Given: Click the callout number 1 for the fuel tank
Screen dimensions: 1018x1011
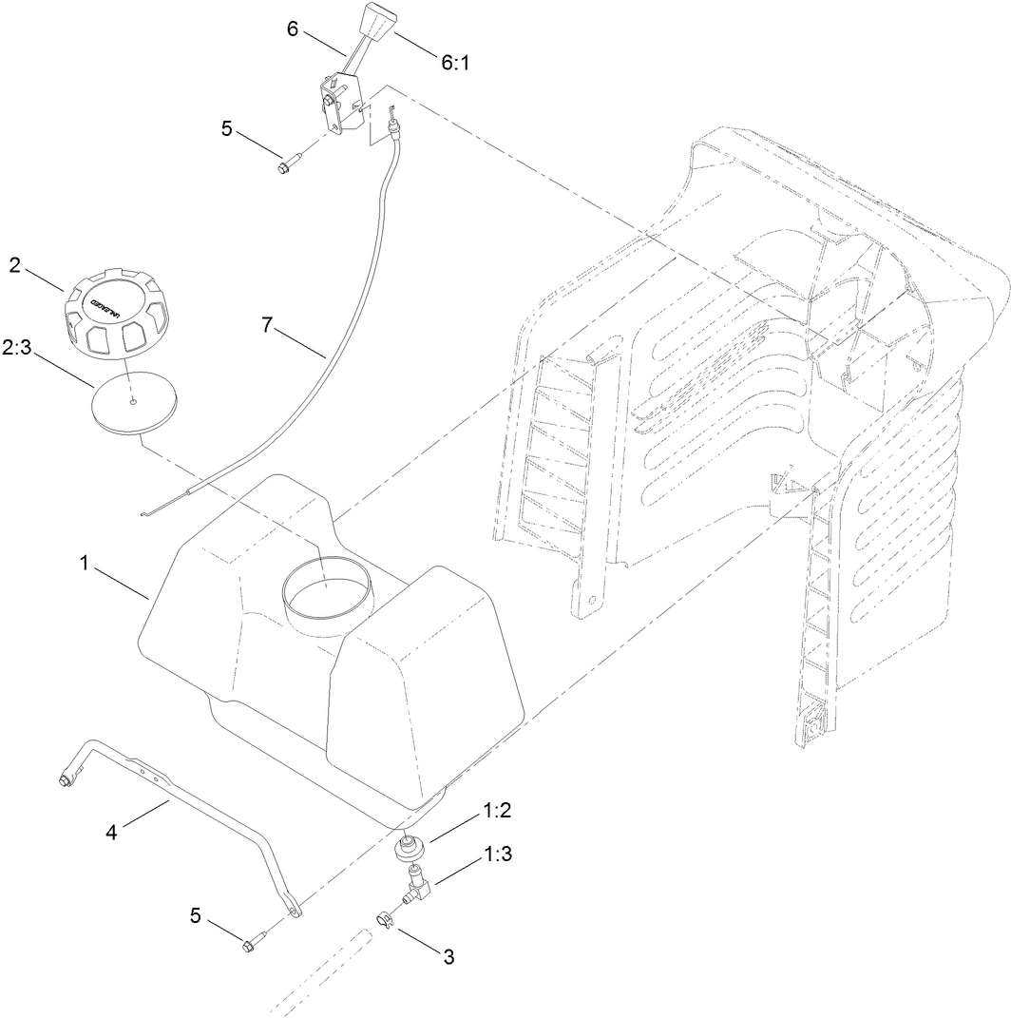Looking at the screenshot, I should click(x=85, y=565).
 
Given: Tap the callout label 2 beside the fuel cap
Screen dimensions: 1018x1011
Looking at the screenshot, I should click(x=15, y=264).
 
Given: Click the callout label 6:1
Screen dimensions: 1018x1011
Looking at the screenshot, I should click(x=454, y=62).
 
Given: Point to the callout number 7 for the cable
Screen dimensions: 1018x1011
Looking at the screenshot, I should click(x=268, y=325).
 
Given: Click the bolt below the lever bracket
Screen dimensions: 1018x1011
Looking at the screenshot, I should click(x=285, y=167).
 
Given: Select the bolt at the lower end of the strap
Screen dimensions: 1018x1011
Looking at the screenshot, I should click(x=253, y=944).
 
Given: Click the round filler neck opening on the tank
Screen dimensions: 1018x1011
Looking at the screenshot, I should click(x=324, y=595).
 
